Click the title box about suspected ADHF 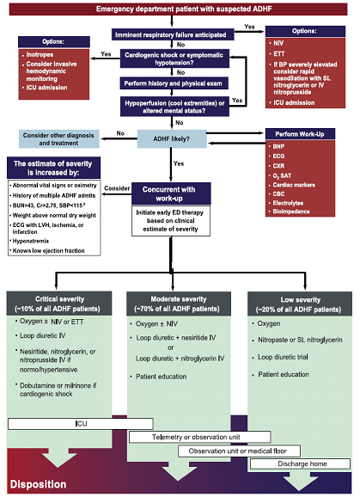pyautogui.click(x=180, y=9)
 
